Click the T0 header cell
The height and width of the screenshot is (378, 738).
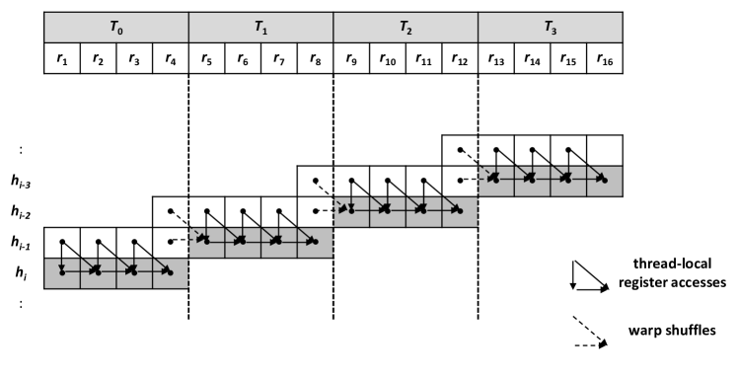click(x=115, y=27)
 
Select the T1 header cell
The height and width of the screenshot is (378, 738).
click(x=260, y=27)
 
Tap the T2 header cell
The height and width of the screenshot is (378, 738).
click(x=406, y=27)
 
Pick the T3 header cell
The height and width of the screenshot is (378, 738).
click(x=550, y=27)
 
